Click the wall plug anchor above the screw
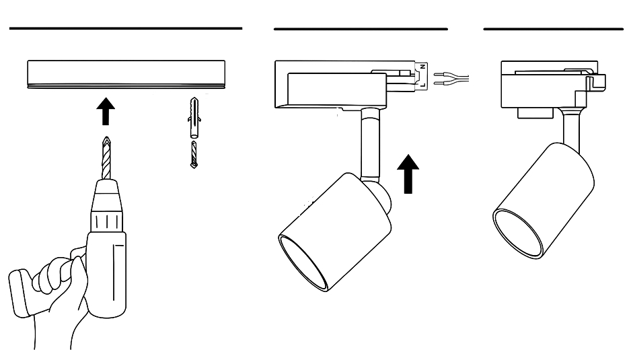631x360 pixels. pyautogui.click(x=194, y=118)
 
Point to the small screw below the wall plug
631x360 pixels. pyautogui.click(x=194, y=155)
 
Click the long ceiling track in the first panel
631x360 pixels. pyautogui.click(x=126, y=73)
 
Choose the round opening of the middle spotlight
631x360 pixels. pyautogui.click(x=305, y=262)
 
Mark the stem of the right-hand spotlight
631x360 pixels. pyautogui.click(x=570, y=128)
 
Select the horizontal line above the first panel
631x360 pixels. pyautogui.click(x=126, y=29)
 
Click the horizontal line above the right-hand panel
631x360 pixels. pyautogui.click(x=553, y=29)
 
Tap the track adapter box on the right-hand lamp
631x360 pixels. pyautogui.click(x=548, y=84)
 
